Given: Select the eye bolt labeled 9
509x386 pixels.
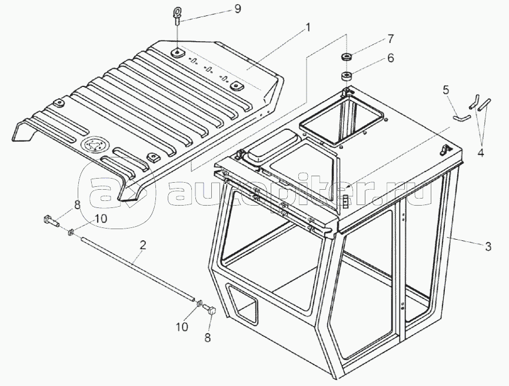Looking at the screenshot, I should (178, 14).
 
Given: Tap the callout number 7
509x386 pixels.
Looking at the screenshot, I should (390, 40).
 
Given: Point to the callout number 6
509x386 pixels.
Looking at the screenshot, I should (390, 58).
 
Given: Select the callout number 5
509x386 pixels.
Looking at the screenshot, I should (446, 90).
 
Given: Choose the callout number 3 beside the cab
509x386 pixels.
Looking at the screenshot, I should (488, 247).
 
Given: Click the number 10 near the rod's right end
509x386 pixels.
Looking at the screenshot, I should (182, 325).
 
